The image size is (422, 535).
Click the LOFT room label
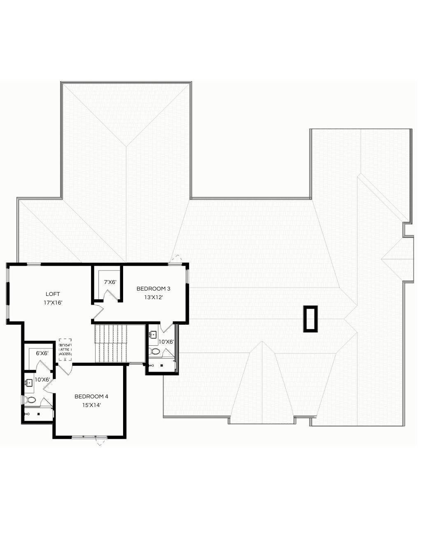pos(53,294)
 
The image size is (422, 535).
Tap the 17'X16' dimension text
pos(53,302)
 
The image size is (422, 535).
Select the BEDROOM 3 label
pos(154,288)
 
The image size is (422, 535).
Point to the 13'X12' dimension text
pos(154,297)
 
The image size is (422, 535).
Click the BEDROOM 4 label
pos(91,396)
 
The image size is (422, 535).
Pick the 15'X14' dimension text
pos(91,405)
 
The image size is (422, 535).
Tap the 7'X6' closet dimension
pos(110,282)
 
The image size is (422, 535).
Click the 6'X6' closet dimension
pos(42,353)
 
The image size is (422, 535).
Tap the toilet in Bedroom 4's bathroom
pos(30,399)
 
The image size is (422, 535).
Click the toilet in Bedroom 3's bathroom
pos(155,351)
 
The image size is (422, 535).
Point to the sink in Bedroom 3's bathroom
pos(154,334)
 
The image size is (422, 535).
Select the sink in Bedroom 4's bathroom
pos(29,383)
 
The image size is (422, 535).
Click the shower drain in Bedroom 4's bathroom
pos(38,414)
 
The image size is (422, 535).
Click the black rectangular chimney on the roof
pos(310,319)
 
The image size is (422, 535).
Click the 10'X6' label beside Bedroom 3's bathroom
pos(166,342)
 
